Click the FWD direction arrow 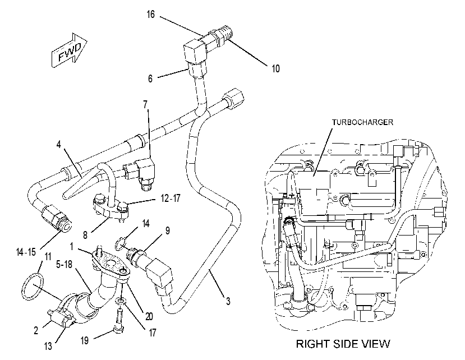pyautogui.click(x=70, y=50)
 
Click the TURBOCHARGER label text pyautogui.click(x=362, y=122)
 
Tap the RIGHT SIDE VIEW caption pyautogui.click(x=343, y=344)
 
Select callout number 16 pyautogui.click(x=151, y=14)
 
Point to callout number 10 pyautogui.click(x=275, y=68)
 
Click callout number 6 pyautogui.click(x=150, y=79)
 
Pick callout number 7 pyautogui.click(x=145, y=105)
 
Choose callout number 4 pyautogui.click(x=59, y=145)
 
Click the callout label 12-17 pyautogui.click(x=171, y=198)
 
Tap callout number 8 pyautogui.click(x=85, y=235)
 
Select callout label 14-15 pyautogui.click(x=26, y=252)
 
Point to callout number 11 pyautogui.click(x=48, y=256)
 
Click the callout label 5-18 pyautogui.click(x=65, y=264)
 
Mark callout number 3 pyautogui.click(x=228, y=301)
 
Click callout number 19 pyautogui.click(x=85, y=340)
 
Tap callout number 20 pyautogui.click(x=149, y=316)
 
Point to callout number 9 pyautogui.click(x=168, y=230)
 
